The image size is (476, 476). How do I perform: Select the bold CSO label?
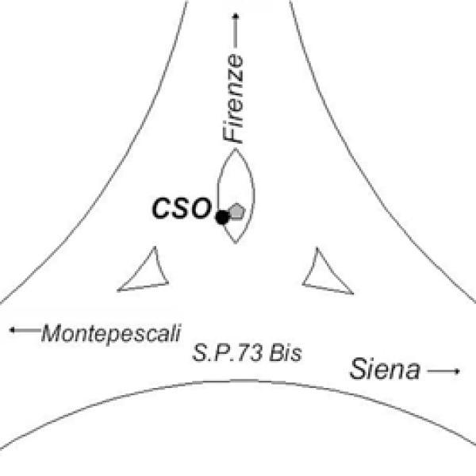[x=181, y=209]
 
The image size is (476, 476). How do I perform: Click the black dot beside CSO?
[x=223, y=215]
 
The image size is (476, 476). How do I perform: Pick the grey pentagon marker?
[x=237, y=212]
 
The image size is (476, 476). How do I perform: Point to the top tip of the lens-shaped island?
[x=236, y=151]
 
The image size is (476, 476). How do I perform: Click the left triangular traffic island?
[x=149, y=273]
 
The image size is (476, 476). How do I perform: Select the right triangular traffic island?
[x=324, y=273]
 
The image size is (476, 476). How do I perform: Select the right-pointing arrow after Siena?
[x=444, y=370]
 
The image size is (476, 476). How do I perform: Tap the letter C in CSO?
[x=162, y=209]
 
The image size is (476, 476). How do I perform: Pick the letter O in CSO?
[x=200, y=209]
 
